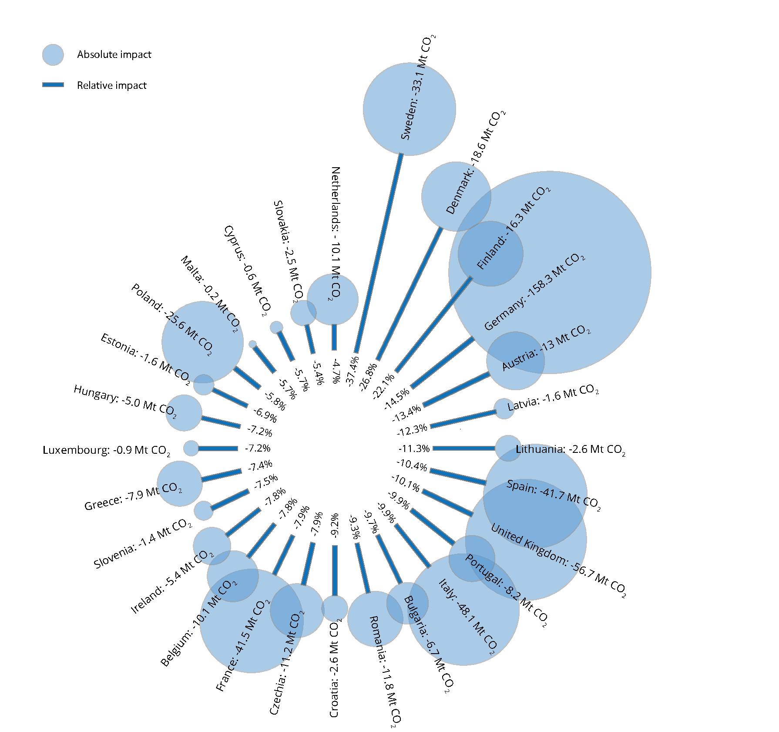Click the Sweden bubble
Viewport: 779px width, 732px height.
coord(409,109)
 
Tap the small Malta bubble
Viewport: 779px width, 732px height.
coord(252,344)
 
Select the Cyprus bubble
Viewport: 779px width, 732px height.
coord(276,327)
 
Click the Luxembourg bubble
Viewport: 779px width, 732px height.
coord(191,448)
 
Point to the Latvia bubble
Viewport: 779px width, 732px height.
coord(504,409)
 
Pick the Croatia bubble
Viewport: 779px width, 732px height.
coord(335,608)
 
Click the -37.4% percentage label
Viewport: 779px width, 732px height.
coord(353,371)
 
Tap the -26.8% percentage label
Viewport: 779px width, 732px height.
coord(368,378)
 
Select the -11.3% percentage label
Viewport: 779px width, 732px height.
coord(414,449)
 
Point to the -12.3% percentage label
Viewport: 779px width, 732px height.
coord(412,430)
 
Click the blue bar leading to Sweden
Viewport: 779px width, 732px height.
coord(378,253)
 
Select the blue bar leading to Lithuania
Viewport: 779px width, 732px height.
coord(464,448)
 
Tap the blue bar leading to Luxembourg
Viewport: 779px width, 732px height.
coord(218,448)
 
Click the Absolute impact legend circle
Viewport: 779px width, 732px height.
coord(53,55)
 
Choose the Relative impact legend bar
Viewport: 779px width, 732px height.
coord(53,85)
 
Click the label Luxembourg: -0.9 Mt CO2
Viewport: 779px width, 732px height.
coord(107,450)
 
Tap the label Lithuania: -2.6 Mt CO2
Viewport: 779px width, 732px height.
coord(571,449)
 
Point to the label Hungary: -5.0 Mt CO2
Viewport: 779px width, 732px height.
coord(125,401)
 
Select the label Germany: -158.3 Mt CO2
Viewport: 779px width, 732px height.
coord(534,292)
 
